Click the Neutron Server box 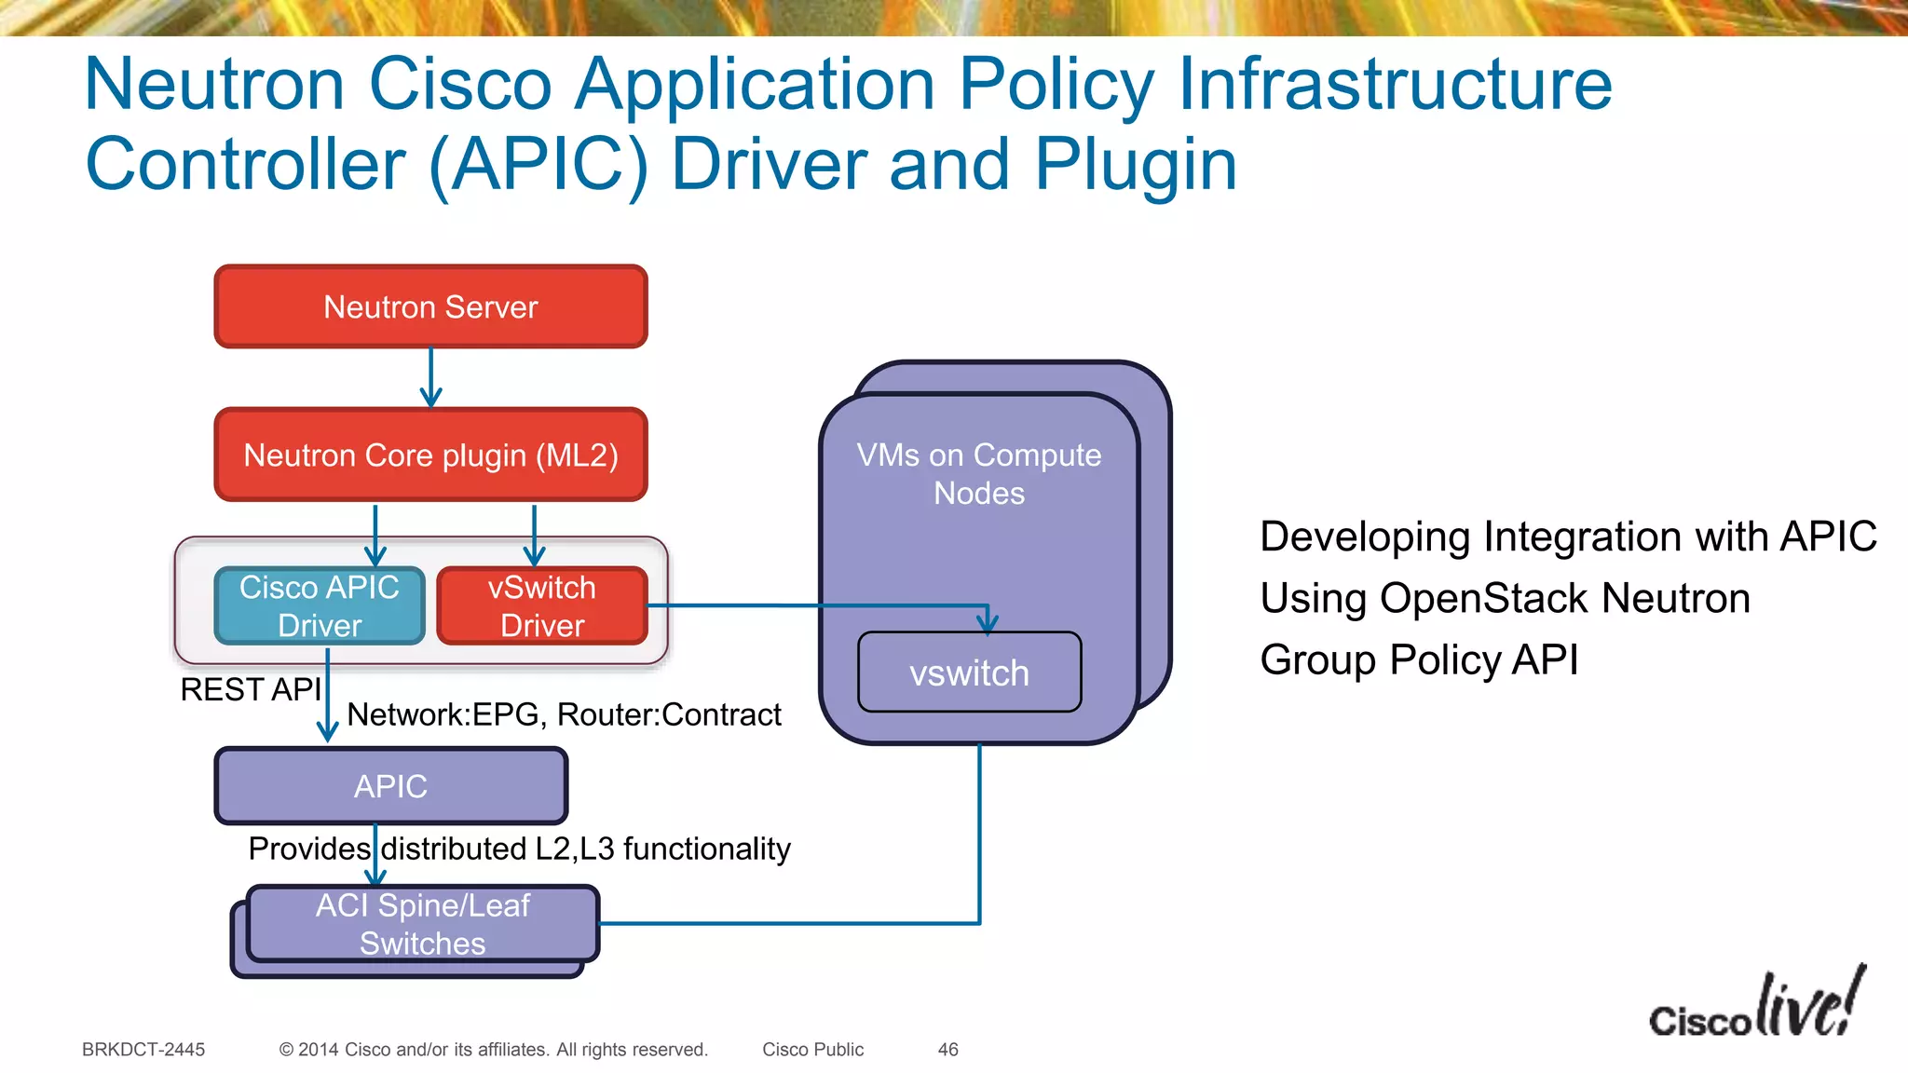coord(430,306)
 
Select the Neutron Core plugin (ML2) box coord(430,455)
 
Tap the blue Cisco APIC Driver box coord(320,605)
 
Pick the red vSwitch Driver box coord(542,605)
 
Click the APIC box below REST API coord(390,786)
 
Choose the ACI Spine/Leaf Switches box coord(422,923)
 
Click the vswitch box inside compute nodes coord(969,672)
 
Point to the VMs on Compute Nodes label coord(978,473)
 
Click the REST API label coord(250,689)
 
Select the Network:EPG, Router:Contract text coord(564,714)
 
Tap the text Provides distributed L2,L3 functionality coord(519,849)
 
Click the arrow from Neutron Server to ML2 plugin coord(430,378)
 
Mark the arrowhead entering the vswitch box coord(988,622)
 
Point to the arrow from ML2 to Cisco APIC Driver coord(375,536)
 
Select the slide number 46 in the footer coord(947,1050)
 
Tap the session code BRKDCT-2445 coord(143,1050)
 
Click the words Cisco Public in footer coord(812,1050)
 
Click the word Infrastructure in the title coord(1395,84)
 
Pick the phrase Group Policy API coord(1419,659)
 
